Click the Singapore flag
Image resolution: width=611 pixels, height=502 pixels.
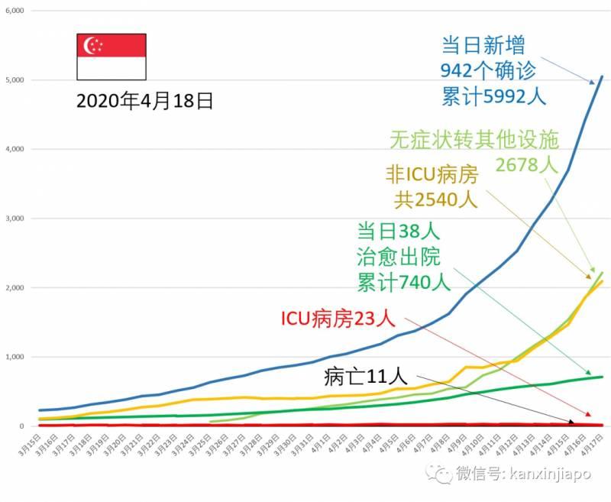tap(112, 57)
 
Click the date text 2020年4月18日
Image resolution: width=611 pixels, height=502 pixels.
tap(144, 101)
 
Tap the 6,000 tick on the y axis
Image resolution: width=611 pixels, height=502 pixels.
tap(14, 11)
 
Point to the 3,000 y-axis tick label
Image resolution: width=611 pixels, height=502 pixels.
tap(14, 219)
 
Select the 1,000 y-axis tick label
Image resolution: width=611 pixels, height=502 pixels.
tap(14, 357)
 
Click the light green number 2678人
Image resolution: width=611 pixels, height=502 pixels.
tap(528, 165)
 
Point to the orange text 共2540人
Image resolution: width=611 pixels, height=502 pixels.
tap(435, 201)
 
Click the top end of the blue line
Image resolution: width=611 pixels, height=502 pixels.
tap(602, 76)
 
